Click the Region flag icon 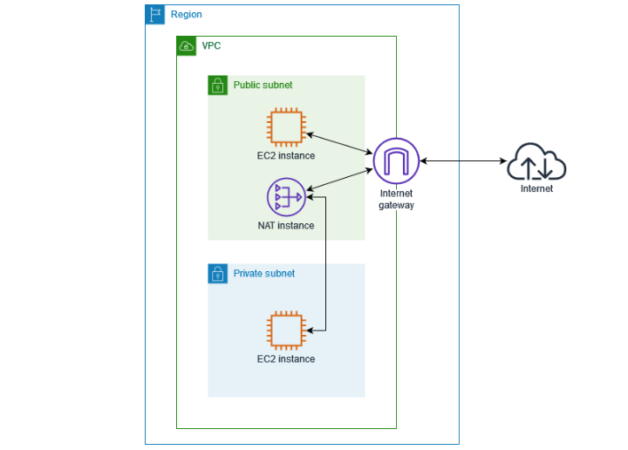[x=155, y=15]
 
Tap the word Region [x=187, y=15]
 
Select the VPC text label [x=212, y=46]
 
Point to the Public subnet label [x=263, y=85]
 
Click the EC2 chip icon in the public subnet [x=285, y=126]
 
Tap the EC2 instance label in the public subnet [x=285, y=155]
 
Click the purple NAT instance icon [x=285, y=197]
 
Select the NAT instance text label [x=285, y=225]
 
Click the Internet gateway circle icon [x=396, y=160]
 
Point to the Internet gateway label [x=396, y=199]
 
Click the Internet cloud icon [x=536, y=162]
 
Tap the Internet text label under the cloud [x=536, y=188]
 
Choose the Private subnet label [x=263, y=274]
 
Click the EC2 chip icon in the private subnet [x=285, y=331]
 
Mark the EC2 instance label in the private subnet [x=285, y=358]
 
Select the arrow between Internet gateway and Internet [x=465, y=161]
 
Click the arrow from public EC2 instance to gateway [x=339, y=145]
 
